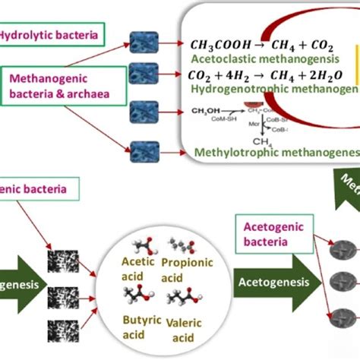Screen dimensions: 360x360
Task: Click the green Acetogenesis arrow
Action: [273, 283]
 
